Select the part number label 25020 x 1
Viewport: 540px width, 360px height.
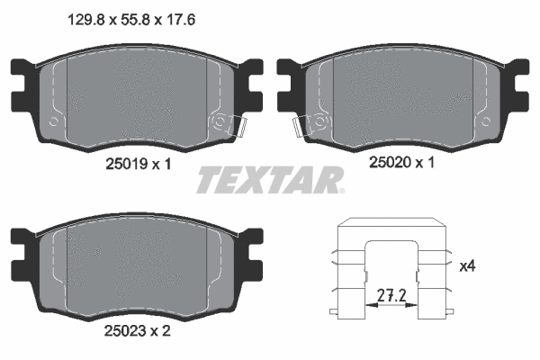click(x=401, y=164)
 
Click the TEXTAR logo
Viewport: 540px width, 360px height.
click(x=270, y=180)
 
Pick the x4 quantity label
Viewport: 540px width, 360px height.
click(x=467, y=266)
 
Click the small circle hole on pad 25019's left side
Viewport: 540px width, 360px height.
click(x=56, y=121)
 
